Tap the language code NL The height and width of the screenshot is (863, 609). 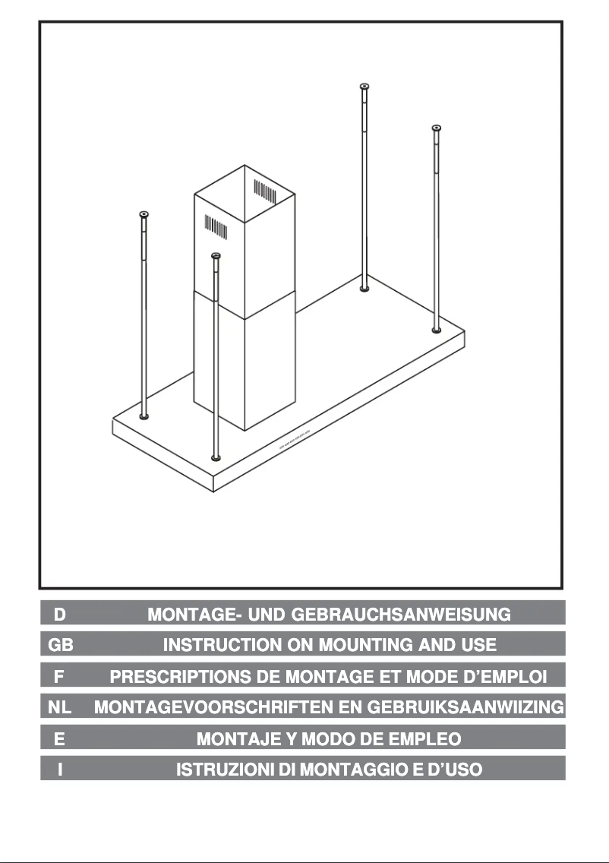click(59, 708)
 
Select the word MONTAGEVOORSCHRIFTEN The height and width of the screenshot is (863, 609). click(223, 708)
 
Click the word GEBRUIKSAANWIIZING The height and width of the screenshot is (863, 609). click(465, 708)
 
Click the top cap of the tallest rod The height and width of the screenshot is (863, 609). click(364, 86)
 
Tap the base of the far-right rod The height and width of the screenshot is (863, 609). click(436, 329)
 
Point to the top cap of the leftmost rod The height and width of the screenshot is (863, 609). click(144, 215)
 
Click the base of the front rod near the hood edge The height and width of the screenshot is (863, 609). click(216, 458)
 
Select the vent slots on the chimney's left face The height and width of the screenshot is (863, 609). click(215, 226)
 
